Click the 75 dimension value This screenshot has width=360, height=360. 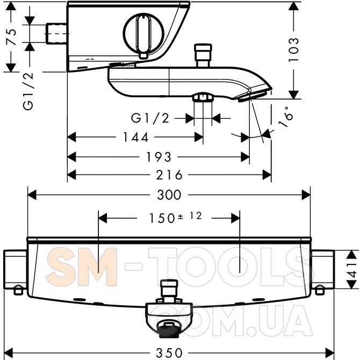pos(12,37)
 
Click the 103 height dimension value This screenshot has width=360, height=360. pos(294,49)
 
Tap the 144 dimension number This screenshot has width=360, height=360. pos(136,138)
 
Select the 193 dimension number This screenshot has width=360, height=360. pos(159,157)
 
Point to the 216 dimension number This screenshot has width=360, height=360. pos(169,175)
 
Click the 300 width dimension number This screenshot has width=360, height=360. pos(169,195)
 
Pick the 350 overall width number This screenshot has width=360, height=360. pos(169,352)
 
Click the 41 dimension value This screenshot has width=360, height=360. pos(352,270)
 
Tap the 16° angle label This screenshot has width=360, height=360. pos(286,117)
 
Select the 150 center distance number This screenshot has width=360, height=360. pos(162,218)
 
